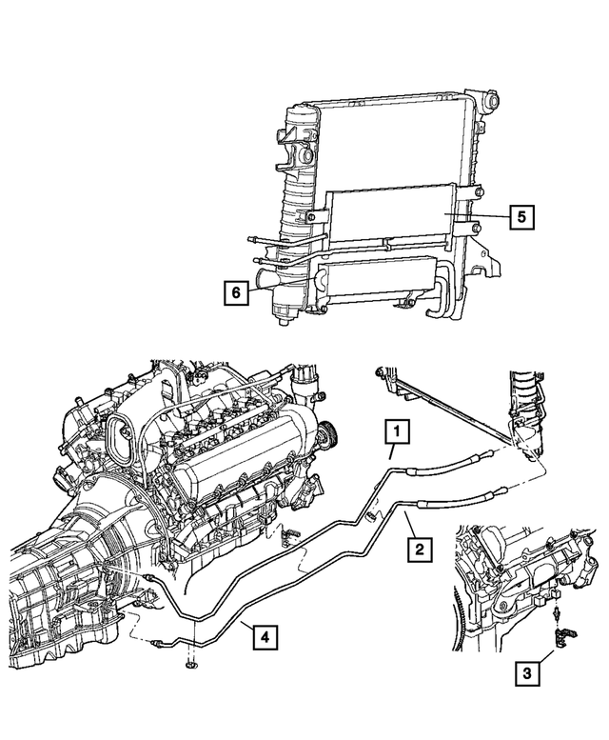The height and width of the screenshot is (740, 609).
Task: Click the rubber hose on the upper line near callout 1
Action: coord(447,463)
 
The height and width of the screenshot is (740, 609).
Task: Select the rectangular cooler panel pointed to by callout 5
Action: coord(390,217)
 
